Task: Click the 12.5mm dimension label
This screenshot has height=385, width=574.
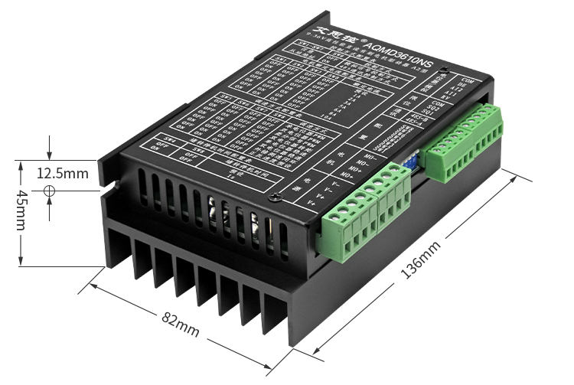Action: pos(62,173)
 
